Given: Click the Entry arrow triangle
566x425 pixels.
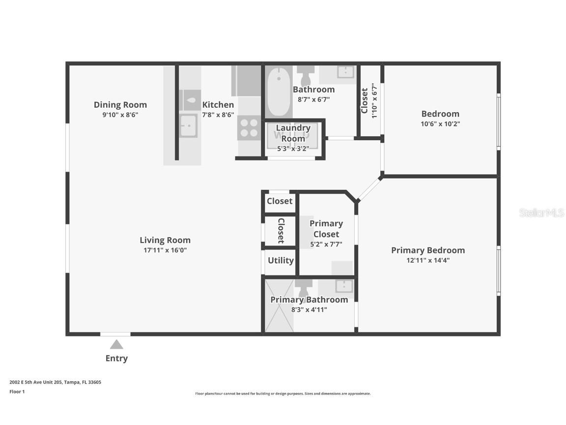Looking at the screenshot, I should click(116, 344).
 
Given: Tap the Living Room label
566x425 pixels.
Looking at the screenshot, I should click(165, 240).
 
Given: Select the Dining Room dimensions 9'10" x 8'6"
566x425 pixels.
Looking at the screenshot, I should click(120, 115).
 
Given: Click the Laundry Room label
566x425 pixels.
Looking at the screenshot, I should click(293, 133).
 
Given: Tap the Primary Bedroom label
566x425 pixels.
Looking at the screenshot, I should click(428, 250).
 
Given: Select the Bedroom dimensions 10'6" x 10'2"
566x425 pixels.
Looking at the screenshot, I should click(440, 124).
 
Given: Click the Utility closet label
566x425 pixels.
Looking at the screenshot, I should click(281, 261).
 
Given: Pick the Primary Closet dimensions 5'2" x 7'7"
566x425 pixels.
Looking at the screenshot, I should click(326, 244).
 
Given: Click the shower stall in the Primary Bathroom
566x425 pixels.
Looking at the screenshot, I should click(279, 305).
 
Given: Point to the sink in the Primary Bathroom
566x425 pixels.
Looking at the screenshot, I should click(344, 286).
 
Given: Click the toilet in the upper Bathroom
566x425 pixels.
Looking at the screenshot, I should click(306, 74).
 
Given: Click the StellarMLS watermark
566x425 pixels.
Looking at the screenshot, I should click(541, 212).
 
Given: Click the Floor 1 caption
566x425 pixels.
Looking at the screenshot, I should click(17, 392).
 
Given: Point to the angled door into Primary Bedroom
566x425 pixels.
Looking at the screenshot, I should click(369, 189).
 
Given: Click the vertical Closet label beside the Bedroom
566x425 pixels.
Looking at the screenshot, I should click(365, 100).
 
